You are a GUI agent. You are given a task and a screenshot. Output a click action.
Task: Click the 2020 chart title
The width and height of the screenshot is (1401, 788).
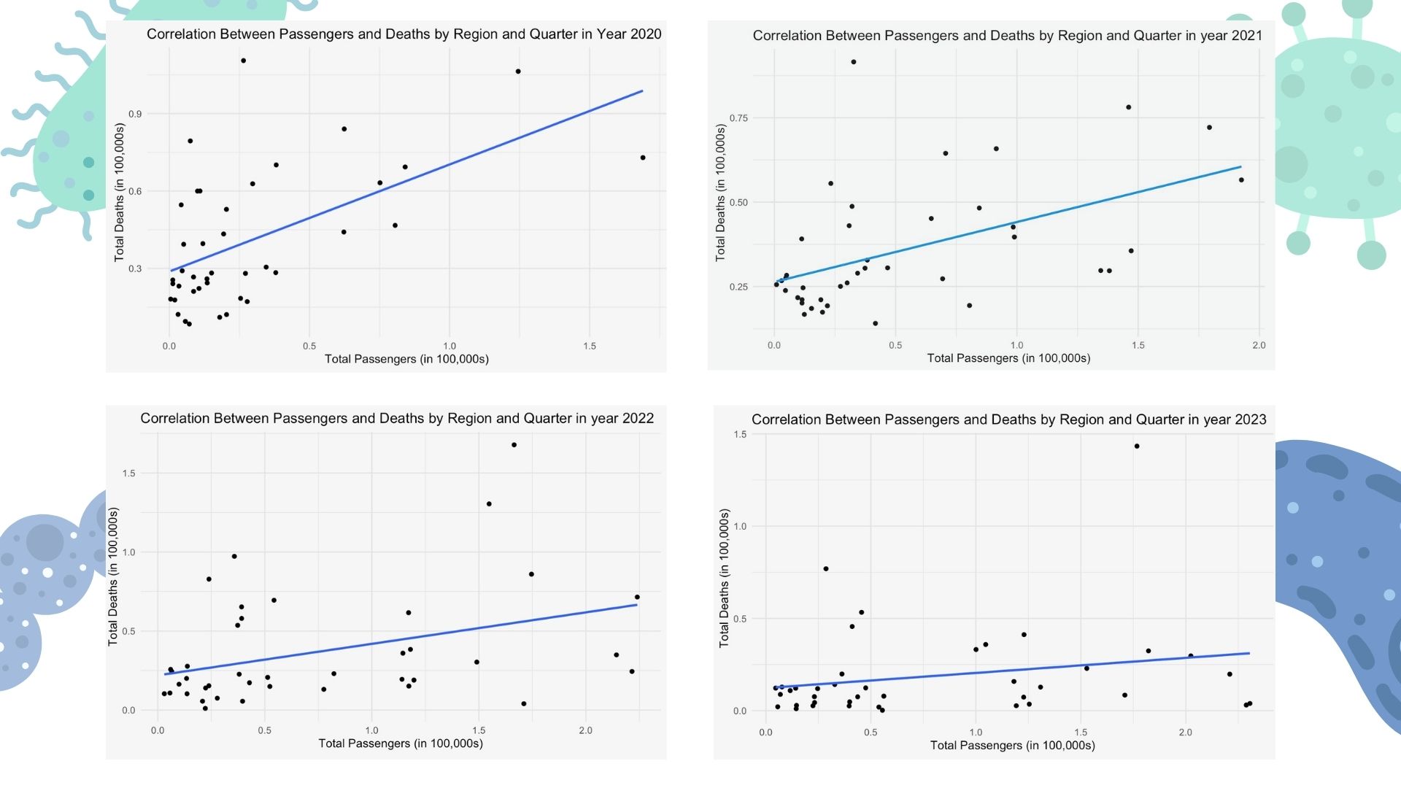tap(404, 34)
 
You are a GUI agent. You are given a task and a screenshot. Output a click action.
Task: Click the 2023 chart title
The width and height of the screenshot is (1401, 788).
tap(1008, 420)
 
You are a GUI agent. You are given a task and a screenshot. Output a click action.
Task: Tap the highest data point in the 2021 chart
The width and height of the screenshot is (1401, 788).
tap(853, 62)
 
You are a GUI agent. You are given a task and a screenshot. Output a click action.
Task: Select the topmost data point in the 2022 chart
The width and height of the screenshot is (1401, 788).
tap(514, 445)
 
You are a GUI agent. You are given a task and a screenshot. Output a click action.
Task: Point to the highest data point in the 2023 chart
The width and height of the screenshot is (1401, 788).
tap(1136, 447)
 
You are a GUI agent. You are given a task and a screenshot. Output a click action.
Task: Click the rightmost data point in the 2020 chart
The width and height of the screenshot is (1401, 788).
tap(642, 158)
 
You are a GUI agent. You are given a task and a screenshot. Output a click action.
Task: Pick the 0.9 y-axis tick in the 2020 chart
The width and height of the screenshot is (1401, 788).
tap(135, 114)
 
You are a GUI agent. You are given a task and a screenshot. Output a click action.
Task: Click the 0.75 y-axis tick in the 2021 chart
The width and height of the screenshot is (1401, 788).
tap(738, 118)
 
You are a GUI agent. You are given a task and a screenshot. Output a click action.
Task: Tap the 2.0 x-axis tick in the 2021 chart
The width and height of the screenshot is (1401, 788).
tap(1259, 345)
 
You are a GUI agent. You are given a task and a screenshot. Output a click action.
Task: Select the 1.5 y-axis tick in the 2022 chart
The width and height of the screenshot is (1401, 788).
tap(128, 474)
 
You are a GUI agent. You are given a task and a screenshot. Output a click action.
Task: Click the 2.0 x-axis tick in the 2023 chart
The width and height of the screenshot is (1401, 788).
tap(1185, 732)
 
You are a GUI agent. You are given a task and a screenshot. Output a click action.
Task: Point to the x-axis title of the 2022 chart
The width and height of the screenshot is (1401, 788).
tap(401, 743)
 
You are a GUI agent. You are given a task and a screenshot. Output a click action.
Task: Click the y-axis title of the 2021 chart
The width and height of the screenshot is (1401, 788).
tap(720, 193)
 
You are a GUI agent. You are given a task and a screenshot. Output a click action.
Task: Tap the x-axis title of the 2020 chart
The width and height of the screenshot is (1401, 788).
tap(406, 359)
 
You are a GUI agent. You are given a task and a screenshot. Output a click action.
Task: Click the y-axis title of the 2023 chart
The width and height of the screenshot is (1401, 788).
tap(724, 578)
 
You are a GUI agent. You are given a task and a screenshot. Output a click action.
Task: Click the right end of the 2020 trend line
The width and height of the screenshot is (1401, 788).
tap(642, 91)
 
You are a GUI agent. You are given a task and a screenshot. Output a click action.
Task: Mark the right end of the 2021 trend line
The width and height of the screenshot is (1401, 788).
tap(1240, 167)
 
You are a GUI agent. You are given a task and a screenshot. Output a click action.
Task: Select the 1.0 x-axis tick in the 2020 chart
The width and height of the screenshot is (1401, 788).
tap(449, 346)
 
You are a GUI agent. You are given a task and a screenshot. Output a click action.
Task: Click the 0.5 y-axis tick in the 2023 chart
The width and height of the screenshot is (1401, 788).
tap(740, 619)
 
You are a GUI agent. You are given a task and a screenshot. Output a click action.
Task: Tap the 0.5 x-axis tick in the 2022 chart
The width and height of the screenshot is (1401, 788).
tap(264, 730)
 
